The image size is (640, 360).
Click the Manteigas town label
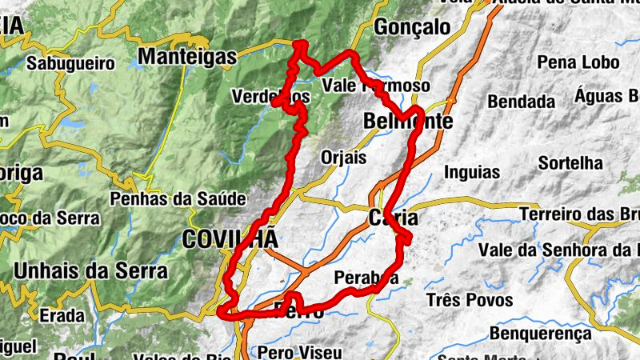[x=188, y=56]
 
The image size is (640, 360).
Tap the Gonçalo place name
[x=413, y=26]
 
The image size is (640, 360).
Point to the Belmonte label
[x=408, y=122]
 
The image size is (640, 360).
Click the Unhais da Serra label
[x=91, y=271]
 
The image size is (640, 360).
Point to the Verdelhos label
[x=270, y=96]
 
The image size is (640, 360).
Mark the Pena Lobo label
[x=567, y=62]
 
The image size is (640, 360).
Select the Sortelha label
[x=570, y=162]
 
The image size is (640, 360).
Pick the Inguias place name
[x=472, y=172]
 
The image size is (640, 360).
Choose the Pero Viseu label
[x=299, y=351]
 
